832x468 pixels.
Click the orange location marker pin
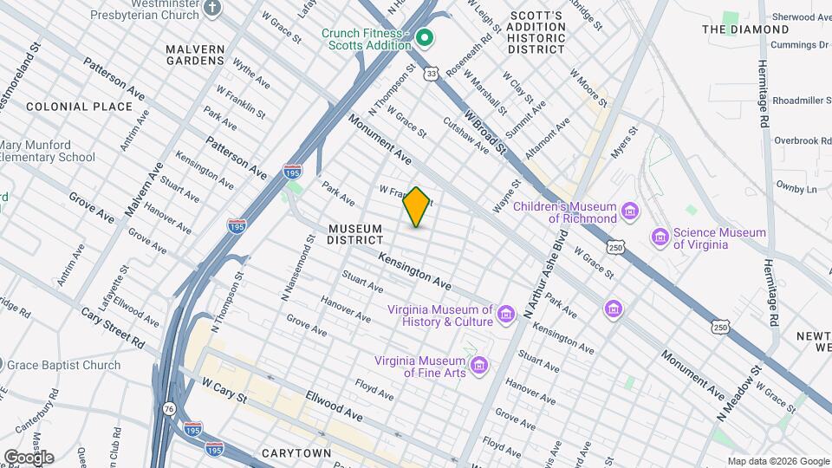417,207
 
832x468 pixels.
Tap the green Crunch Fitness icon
425,37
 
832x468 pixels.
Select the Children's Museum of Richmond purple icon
630,211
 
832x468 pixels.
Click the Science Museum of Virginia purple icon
661,237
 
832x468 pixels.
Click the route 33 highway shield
432,75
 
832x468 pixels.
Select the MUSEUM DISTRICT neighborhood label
355,234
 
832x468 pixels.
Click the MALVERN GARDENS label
196,55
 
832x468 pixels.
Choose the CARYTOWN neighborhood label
296,453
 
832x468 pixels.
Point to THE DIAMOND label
732,29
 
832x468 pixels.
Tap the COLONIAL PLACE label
79,107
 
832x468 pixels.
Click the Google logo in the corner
28,457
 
